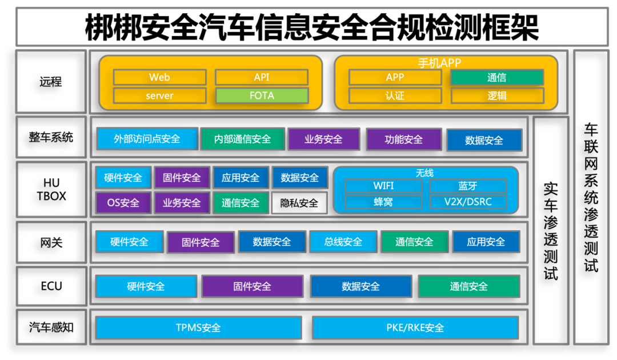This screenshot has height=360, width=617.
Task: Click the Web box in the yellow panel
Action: (x=159, y=77)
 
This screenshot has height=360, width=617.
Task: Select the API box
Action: (x=261, y=77)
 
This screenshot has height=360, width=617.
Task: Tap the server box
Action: (x=159, y=95)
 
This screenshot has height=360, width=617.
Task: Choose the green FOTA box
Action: (x=262, y=95)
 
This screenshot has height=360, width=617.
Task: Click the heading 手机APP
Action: (x=439, y=63)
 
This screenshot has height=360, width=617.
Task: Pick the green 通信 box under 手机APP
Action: (x=496, y=77)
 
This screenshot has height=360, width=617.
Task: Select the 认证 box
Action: (x=395, y=95)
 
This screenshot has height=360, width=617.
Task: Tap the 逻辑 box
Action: (x=496, y=95)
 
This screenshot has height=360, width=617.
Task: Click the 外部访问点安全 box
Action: (x=147, y=139)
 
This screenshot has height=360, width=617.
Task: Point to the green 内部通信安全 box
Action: (x=242, y=139)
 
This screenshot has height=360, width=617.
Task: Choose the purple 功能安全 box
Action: (x=404, y=139)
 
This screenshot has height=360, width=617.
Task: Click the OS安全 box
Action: (x=123, y=203)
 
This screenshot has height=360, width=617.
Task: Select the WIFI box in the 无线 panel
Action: (x=383, y=186)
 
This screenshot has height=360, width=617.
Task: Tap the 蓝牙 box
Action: (x=467, y=186)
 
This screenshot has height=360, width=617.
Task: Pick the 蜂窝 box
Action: (x=383, y=202)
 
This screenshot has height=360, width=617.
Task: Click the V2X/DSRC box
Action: (x=467, y=202)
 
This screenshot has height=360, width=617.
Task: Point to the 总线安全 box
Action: (x=343, y=242)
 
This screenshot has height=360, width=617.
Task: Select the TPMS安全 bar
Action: (x=198, y=328)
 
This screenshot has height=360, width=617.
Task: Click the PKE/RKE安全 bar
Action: (x=415, y=328)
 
